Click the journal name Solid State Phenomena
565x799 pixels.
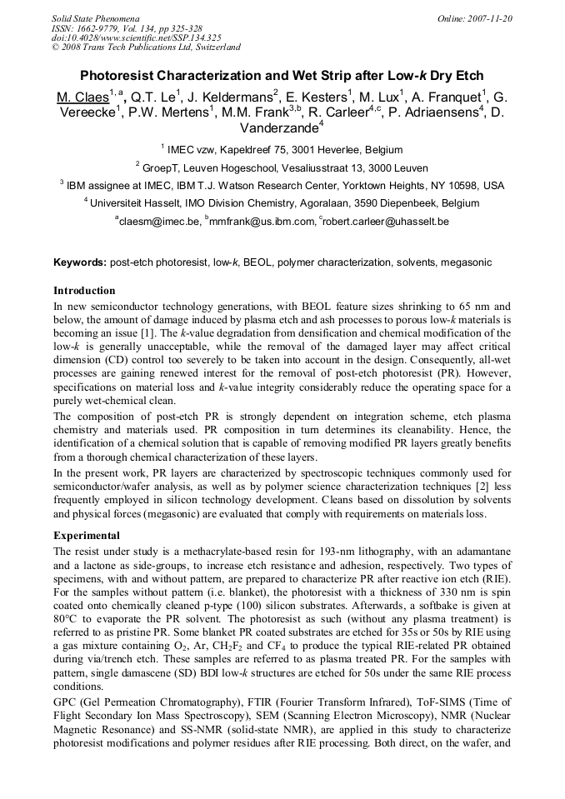pos(95,17)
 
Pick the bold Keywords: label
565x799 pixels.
pos(80,262)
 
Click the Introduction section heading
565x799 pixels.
pos(84,291)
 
